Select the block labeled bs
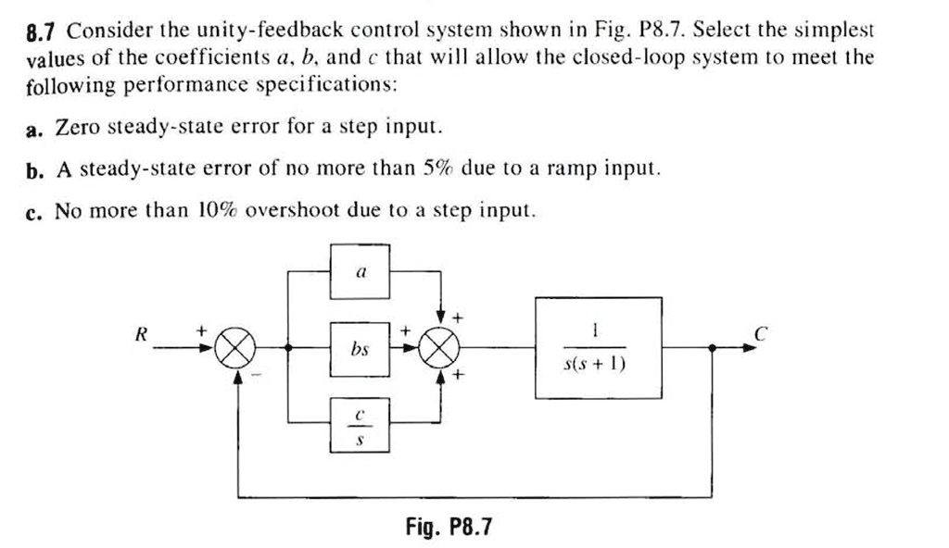tap(361, 349)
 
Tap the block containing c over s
tap(361, 424)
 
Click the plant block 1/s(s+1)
tap(597, 348)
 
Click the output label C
tap(760, 336)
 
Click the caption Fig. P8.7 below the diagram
tap(449, 528)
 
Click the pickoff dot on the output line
tap(712, 348)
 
